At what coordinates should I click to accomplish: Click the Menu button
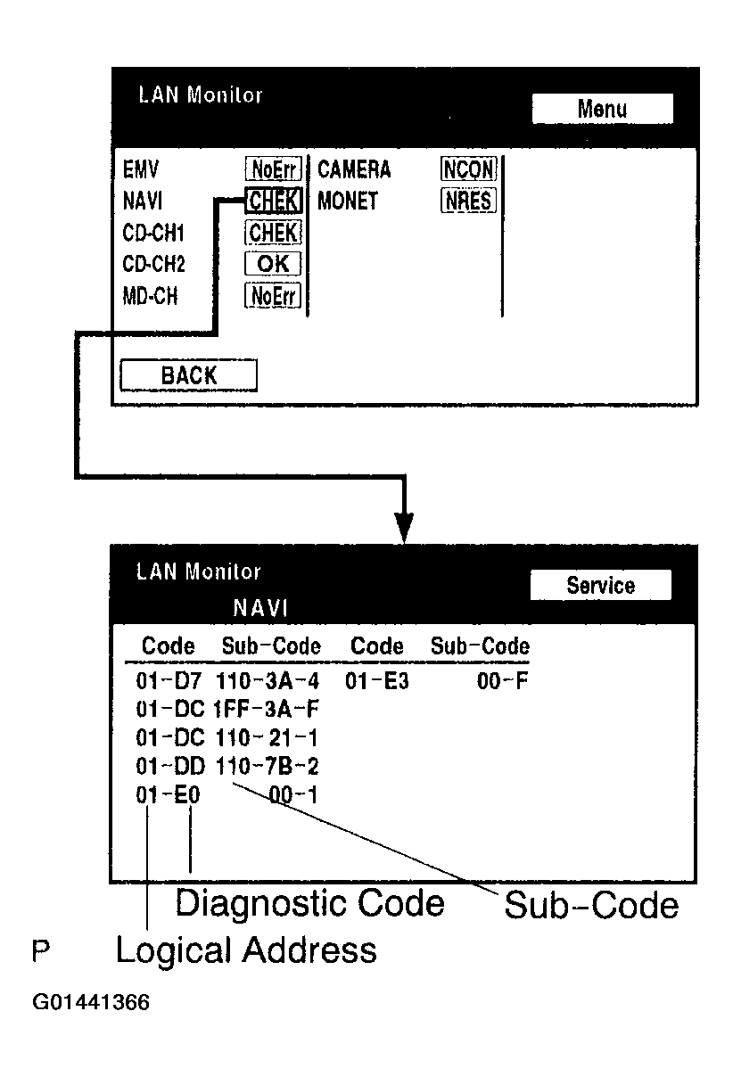(x=602, y=109)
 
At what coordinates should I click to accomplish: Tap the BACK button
(x=188, y=375)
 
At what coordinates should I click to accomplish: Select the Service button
(x=600, y=586)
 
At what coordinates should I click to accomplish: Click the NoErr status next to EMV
(x=273, y=169)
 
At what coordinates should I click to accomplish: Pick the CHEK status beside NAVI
(x=274, y=201)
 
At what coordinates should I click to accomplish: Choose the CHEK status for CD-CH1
(x=274, y=233)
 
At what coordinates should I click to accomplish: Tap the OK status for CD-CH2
(x=274, y=264)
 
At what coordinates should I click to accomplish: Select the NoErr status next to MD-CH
(x=273, y=296)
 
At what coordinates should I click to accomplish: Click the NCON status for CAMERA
(x=468, y=169)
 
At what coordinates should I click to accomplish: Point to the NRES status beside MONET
(x=468, y=201)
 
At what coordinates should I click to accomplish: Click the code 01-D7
(x=169, y=682)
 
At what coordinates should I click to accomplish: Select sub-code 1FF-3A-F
(x=267, y=710)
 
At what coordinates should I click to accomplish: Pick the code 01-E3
(x=377, y=682)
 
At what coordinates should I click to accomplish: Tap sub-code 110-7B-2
(x=267, y=766)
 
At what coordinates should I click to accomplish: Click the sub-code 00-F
(x=503, y=682)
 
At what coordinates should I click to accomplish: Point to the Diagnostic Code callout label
(x=309, y=903)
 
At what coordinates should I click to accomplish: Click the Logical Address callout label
(x=246, y=950)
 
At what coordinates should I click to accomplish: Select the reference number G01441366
(x=91, y=1002)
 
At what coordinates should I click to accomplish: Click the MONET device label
(x=348, y=201)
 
